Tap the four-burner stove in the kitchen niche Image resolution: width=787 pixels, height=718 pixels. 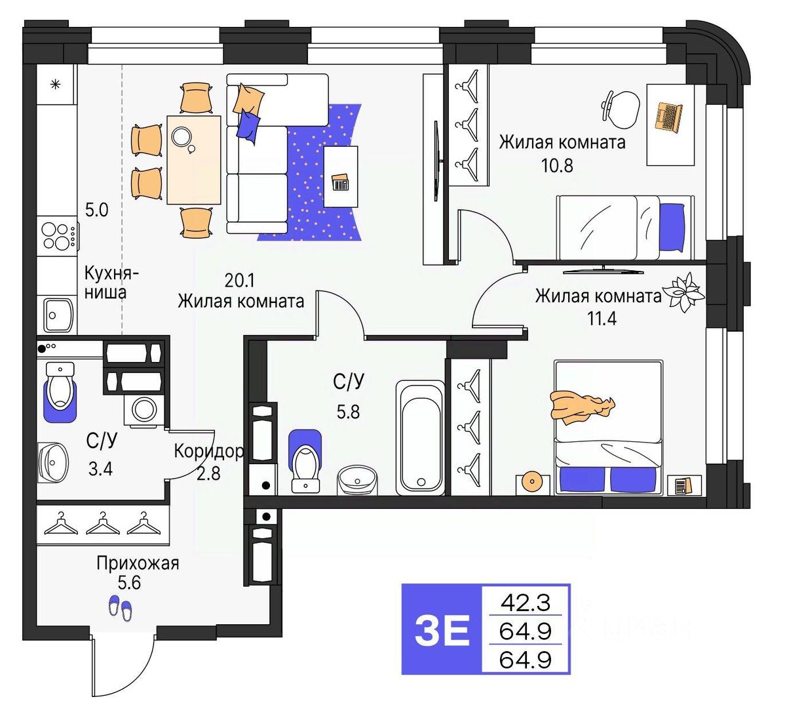57,237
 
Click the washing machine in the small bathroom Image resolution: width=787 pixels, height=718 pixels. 144,410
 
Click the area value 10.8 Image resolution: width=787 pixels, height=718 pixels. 556,165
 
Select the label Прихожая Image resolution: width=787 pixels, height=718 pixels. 137,563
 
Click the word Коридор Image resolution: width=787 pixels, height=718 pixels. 209,450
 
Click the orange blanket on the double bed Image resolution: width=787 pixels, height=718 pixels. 581,405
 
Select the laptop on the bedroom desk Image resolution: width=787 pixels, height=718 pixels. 668,116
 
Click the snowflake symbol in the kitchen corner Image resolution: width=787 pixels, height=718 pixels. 56,84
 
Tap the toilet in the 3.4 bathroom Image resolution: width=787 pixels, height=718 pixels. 60,389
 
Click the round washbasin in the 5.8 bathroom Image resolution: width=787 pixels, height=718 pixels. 357,480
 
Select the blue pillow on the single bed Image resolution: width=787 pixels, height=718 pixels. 672,226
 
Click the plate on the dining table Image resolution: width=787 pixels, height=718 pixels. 181,136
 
